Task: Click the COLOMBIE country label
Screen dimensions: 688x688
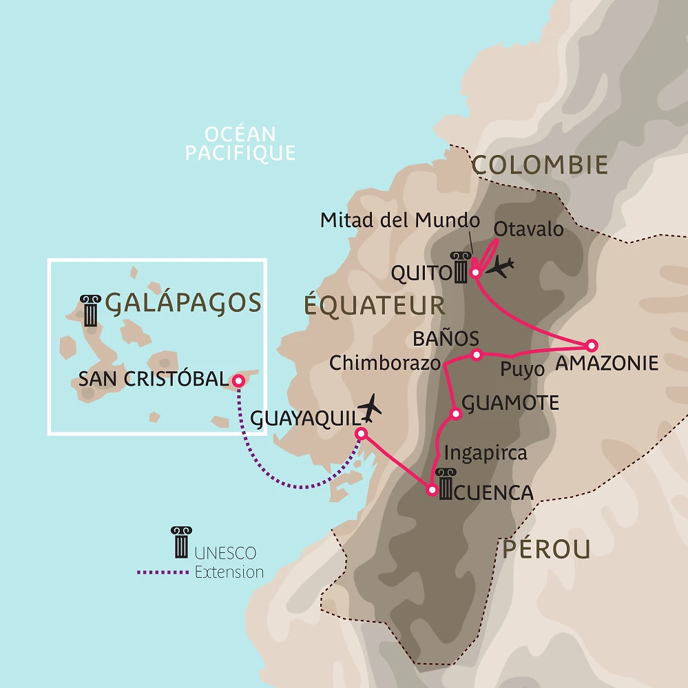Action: (540, 165)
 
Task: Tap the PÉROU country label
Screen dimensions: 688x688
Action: (546, 549)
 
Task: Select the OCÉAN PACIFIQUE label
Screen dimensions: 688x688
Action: (240, 143)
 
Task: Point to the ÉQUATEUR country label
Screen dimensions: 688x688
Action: (375, 305)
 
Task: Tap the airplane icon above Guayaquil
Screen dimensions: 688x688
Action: (371, 408)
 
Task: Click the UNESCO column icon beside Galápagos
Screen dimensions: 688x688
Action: (91, 309)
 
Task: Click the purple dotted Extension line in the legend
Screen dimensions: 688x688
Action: (163, 572)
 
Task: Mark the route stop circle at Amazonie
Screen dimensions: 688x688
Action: (590, 346)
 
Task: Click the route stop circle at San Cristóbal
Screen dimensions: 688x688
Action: (238, 380)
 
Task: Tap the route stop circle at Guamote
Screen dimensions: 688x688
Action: (455, 414)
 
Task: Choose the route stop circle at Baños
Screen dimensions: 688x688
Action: (476, 355)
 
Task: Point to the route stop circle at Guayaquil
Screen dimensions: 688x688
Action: (359, 434)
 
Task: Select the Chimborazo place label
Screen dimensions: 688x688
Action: (384, 363)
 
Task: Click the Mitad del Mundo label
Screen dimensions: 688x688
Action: (399, 220)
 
